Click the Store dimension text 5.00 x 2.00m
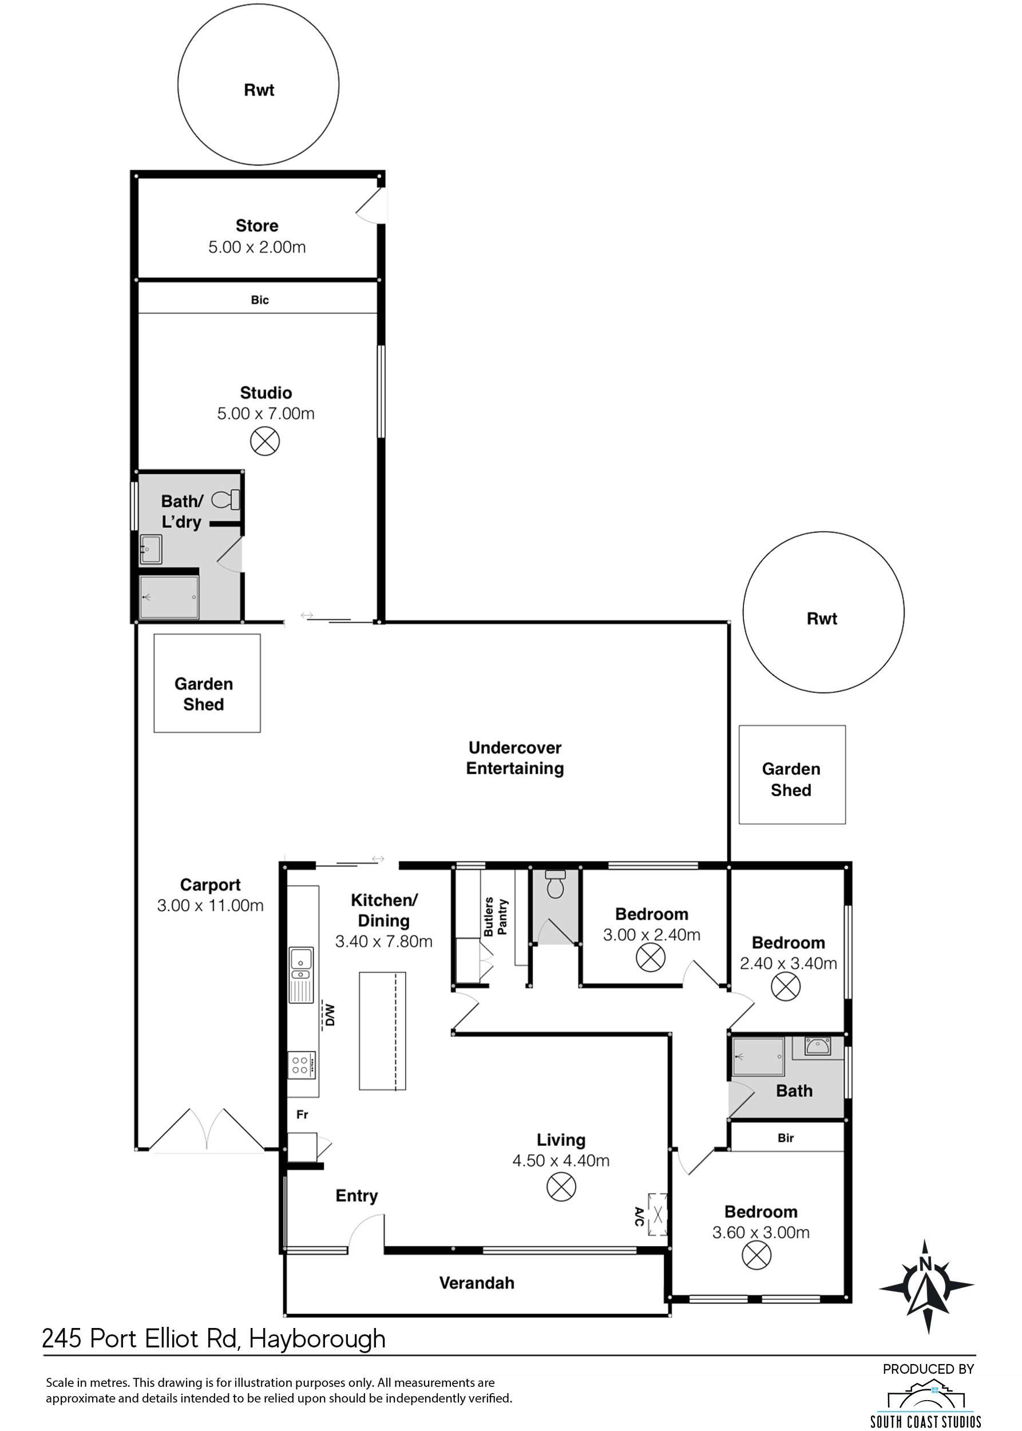(x=257, y=247)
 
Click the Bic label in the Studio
(x=260, y=301)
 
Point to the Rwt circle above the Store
(x=258, y=84)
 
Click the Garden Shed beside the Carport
(x=207, y=683)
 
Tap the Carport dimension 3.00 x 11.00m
(x=210, y=906)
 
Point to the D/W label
(x=330, y=1014)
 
